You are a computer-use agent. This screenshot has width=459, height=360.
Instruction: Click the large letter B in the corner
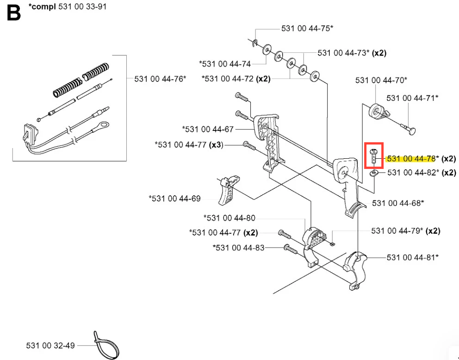click(14, 13)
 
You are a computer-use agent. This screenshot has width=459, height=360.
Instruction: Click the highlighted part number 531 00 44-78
click(411, 159)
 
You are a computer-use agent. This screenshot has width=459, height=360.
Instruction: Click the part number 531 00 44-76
click(160, 79)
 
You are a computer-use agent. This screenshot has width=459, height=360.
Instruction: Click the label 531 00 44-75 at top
click(307, 29)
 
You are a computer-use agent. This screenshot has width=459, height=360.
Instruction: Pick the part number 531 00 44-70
click(381, 81)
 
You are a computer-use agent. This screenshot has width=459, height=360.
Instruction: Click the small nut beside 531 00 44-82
click(374, 173)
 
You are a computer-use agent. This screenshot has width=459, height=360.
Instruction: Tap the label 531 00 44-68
click(398, 203)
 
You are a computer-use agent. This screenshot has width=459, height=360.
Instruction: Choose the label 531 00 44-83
click(239, 248)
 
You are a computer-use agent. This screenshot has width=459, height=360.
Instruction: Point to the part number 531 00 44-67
click(208, 129)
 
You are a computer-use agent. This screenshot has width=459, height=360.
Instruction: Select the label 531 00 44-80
click(229, 218)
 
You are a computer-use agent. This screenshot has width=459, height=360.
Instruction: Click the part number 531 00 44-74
click(225, 64)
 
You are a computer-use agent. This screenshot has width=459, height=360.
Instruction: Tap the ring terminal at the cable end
click(104, 124)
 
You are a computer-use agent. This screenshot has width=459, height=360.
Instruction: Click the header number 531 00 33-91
click(83, 7)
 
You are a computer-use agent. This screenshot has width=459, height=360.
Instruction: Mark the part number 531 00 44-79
click(397, 230)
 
